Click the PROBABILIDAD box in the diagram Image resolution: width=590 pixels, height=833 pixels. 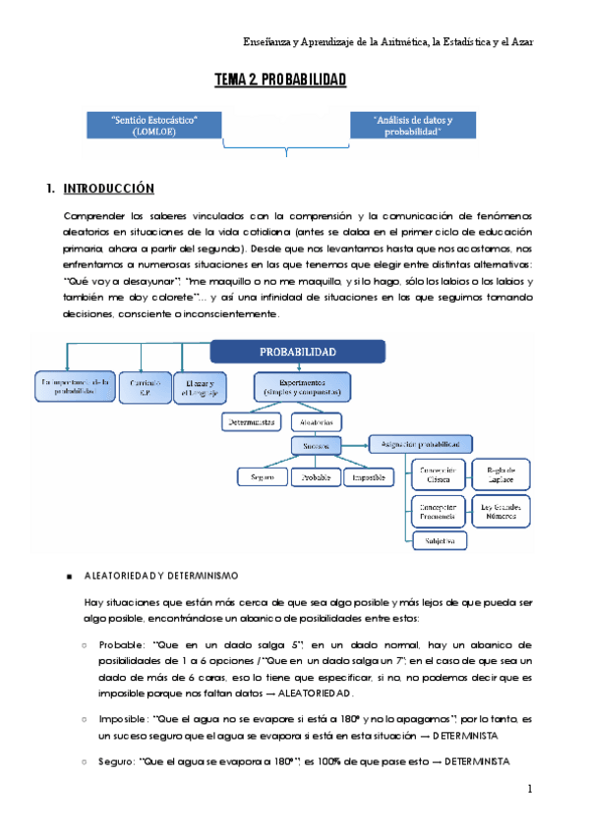[298, 351]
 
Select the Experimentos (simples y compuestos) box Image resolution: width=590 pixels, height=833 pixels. [297, 386]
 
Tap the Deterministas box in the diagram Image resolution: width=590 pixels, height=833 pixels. [251, 422]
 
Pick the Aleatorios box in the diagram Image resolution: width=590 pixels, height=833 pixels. [317, 422]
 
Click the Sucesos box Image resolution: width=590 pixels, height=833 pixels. [316, 445]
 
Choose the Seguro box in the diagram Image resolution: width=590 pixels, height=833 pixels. [261, 477]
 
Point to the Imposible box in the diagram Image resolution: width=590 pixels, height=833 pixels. [370, 477]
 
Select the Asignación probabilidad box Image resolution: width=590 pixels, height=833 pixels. [421, 444]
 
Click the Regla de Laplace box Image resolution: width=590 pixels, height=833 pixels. [501, 475]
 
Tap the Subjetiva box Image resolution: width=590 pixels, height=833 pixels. [439, 540]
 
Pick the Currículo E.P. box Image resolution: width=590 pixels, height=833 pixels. [146, 386]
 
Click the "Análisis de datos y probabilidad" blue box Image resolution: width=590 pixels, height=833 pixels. [413, 125]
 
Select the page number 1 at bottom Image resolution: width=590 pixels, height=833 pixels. [529, 789]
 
